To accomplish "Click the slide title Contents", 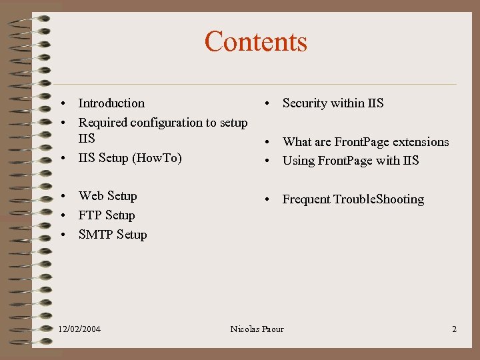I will pyautogui.click(x=256, y=41).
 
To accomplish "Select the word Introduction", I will pyautogui.click(x=111, y=103).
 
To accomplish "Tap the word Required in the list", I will pyautogui.click(x=103, y=123).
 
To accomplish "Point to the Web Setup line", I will pyautogui.click(x=107, y=196).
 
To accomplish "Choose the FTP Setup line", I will pyautogui.click(x=107, y=215).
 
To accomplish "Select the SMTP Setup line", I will pyautogui.click(x=113, y=235).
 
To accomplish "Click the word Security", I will pyautogui.click(x=305, y=103).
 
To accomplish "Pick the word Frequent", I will pyautogui.click(x=306, y=199).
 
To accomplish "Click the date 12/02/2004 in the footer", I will pyautogui.click(x=80, y=329).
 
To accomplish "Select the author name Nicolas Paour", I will pyautogui.click(x=257, y=329).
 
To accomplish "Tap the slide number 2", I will pyautogui.click(x=454, y=329).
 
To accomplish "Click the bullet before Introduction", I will pyautogui.click(x=61, y=104).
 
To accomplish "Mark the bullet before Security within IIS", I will pyautogui.click(x=265, y=104).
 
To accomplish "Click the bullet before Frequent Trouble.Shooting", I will pyautogui.click(x=265, y=200).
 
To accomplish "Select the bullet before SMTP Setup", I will pyautogui.click(x=61, y=235).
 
